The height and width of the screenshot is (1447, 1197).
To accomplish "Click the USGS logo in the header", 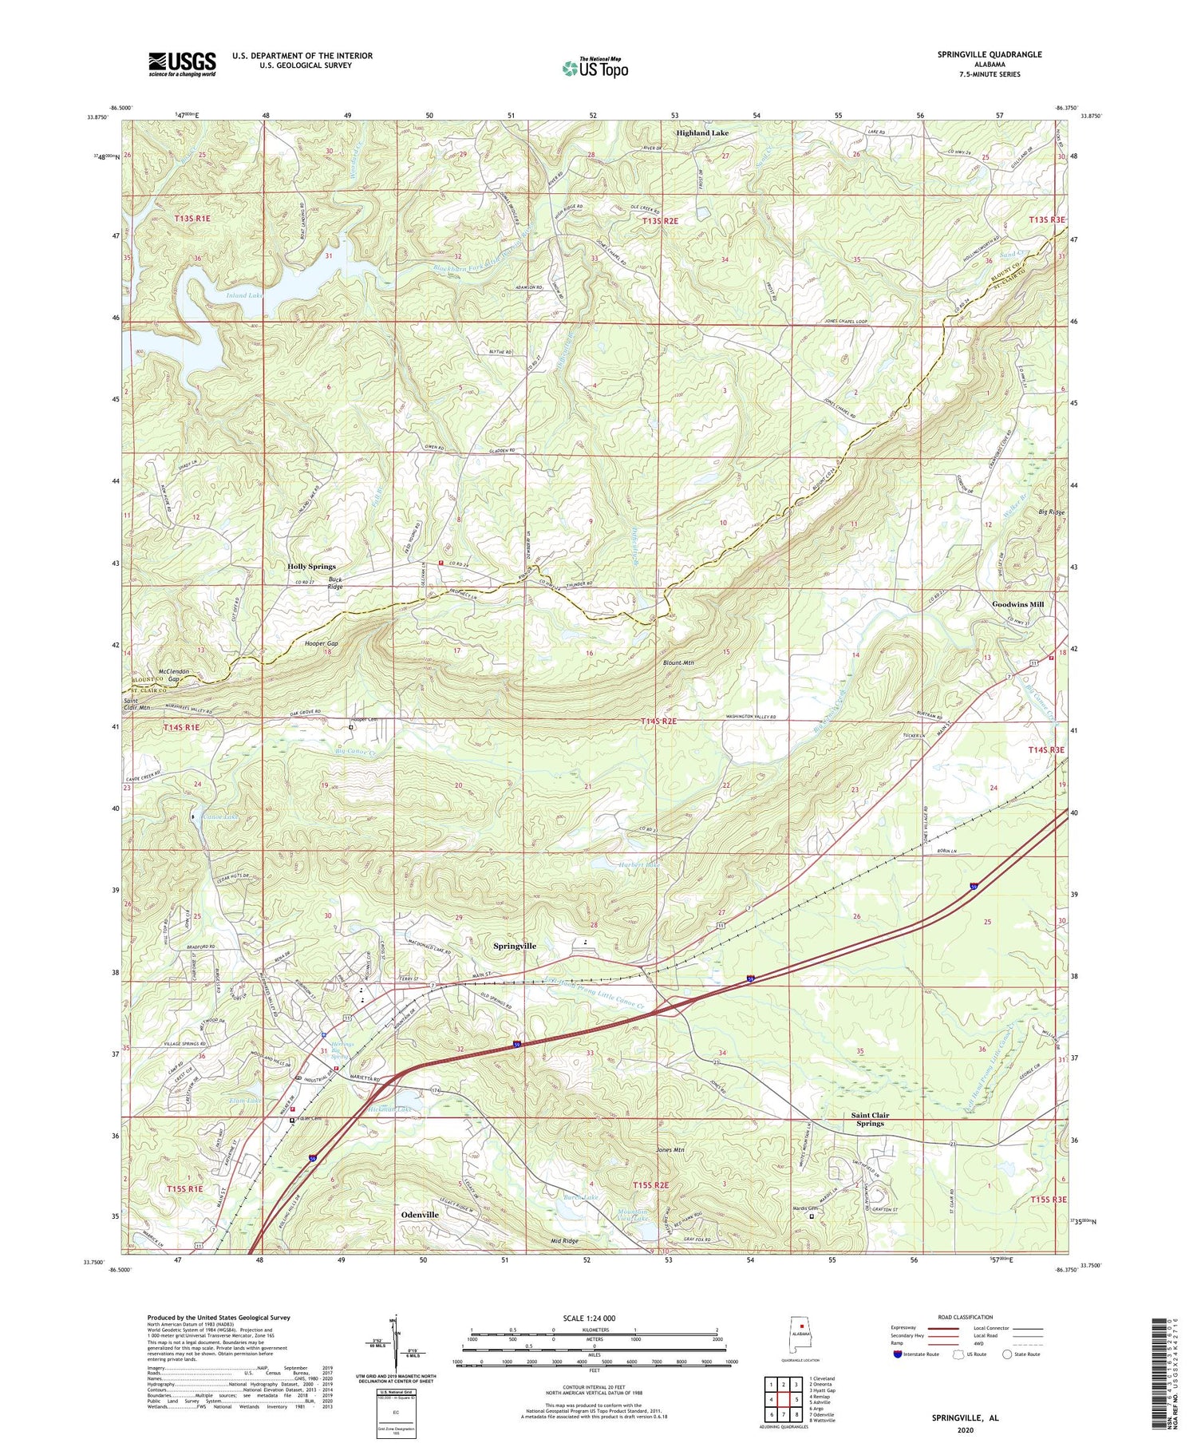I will [x=182, y=64].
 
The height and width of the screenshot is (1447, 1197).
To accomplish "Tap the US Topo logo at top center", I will [x=595, y=69].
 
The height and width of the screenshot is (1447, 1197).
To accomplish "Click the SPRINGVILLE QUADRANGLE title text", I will [x=990, y=54].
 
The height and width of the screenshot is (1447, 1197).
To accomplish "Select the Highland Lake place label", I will [x=702, y=133].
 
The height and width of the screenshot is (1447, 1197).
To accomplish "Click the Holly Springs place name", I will [x=311, y=566].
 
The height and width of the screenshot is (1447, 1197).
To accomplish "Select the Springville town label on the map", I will [x=515, y=946].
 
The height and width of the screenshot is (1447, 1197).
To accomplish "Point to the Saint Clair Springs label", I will [x=870, y=1119].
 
